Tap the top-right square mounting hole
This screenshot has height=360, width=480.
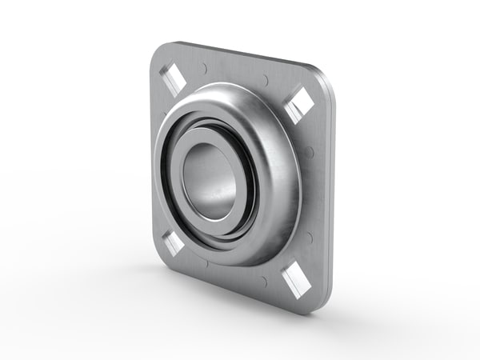point(300,103)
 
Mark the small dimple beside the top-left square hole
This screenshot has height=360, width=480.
point(205,69)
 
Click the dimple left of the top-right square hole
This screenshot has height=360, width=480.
point(265,80)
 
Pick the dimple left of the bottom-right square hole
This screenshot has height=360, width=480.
point(263,281)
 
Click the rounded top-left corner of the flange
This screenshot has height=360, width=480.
point(158,50)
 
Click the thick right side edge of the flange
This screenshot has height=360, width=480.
point(330,192)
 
